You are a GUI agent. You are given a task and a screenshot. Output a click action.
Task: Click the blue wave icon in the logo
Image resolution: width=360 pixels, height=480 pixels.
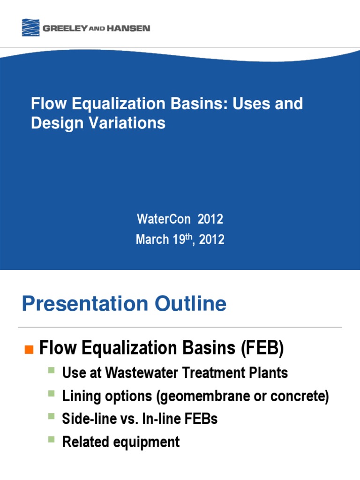tap(31, 28)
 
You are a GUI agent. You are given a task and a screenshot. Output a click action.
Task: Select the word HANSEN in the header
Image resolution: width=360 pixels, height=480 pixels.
tap(129, 29)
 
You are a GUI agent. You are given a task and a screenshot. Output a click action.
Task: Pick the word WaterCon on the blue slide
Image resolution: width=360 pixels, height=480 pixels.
tap(164, 219)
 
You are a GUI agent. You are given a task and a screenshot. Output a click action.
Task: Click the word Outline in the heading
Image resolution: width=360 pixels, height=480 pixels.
tap(193, 304)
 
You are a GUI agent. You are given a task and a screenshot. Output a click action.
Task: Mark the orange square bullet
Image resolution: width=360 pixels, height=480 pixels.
tap(29, 349)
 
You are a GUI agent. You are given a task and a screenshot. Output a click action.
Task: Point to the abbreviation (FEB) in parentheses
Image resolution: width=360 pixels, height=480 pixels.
tap(262, 348)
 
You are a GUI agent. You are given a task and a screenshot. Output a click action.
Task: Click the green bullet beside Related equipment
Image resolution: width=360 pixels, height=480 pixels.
tap(52, 439)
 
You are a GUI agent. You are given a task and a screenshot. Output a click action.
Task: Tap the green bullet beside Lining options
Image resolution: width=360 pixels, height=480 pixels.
tap(52, 393)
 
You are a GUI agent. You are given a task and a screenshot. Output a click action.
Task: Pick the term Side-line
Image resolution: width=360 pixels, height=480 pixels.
tap(83, 419)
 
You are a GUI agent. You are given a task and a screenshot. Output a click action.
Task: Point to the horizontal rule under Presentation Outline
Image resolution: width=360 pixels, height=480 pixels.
tap(180, 327)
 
